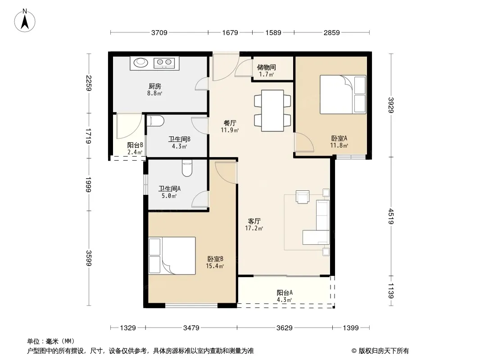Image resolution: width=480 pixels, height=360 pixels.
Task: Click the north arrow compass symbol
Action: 25,21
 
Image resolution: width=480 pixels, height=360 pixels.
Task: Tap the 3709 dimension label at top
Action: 159,32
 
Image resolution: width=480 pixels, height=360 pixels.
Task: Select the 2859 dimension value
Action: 331,32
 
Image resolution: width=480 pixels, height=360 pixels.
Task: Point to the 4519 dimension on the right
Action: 390,216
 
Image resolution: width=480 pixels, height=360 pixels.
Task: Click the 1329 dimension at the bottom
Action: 127,328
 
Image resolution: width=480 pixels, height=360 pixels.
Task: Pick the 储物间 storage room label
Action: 266,67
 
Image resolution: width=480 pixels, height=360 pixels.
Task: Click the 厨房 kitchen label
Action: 155,86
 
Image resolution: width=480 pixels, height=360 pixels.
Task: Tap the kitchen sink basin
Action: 141,63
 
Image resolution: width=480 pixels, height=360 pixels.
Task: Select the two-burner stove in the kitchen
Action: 164,63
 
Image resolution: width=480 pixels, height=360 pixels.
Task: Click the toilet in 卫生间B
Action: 155,121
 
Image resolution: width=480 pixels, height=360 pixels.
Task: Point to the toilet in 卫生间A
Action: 187,168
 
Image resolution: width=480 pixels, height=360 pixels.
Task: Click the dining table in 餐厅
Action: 272,110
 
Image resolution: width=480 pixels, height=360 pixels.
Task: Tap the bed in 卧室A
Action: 343,94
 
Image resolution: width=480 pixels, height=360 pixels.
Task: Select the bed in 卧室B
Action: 172,256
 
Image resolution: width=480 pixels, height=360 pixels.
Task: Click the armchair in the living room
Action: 303,197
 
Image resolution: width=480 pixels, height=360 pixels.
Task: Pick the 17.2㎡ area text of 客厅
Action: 254,228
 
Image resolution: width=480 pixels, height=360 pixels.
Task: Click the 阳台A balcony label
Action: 285,292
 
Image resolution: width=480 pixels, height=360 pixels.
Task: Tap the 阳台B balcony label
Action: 135,145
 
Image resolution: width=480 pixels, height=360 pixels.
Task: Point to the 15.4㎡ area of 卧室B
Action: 215,266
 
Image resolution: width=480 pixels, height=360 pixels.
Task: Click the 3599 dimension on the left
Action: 88,258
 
